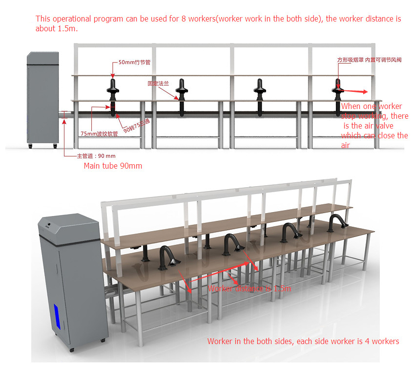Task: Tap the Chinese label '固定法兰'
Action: click(158, 84)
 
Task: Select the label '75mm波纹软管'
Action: click(100, 133)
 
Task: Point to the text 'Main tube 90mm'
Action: click(113, 166)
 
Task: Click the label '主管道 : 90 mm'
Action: click(96, 156)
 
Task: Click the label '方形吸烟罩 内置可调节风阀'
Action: click(369, 60)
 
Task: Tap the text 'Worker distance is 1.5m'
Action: click(249, 288)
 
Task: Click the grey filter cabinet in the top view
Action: click(42, 98)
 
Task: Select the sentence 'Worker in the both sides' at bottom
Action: click(303, 341)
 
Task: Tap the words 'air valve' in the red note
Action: click(376, 126)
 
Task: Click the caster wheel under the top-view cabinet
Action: click(30, 146)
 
